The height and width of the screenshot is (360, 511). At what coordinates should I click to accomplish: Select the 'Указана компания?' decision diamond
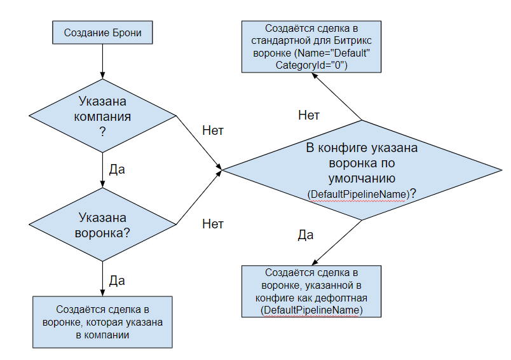[102, 116]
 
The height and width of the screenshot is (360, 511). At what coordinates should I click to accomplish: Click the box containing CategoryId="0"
[311, 48]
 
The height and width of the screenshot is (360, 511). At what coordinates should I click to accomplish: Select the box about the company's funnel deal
[102, 322]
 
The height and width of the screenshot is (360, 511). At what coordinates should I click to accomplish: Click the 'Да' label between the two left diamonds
[117, 170]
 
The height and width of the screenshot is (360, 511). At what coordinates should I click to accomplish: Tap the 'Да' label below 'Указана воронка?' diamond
[117, 280]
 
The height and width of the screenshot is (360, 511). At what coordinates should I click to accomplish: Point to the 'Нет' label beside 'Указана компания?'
[212, 130]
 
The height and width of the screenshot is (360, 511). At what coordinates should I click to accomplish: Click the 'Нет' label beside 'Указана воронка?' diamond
[212, 224]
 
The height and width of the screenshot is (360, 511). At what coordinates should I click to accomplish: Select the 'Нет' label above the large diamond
[309, 115]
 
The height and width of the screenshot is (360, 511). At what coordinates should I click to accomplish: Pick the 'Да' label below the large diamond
[306, 235]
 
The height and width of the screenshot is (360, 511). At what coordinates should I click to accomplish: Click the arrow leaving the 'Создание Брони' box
[102, 60]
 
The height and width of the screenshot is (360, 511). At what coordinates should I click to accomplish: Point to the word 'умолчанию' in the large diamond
[362, 177]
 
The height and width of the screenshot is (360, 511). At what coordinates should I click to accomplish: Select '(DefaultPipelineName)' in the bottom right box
[311, 309]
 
